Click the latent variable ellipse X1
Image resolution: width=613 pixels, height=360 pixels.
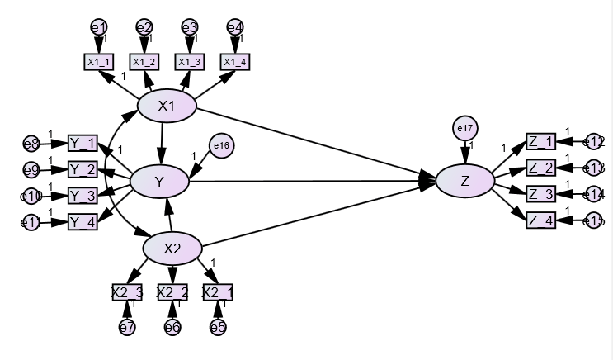(x=167, y=106)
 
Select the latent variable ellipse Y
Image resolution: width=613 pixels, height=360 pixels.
(x=160, y=181)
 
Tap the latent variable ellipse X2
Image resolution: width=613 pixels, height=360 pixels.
(x=172, y=248)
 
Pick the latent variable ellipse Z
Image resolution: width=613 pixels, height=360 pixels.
(x=465, y=182)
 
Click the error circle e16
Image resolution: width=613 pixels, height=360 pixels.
(x=221, y=146)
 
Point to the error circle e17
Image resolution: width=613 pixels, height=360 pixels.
(x=465, y=129)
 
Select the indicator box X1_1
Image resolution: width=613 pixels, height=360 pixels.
(x=99, y=61)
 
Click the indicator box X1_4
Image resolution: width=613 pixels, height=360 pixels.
(x=235, y=61)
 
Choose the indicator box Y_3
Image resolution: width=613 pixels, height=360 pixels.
(x=83, y=196)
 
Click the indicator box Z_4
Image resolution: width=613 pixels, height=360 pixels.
(x=541, y=220)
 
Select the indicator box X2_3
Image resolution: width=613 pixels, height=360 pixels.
(x=127, y=291)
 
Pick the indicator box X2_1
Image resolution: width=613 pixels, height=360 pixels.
(x=218, y=291)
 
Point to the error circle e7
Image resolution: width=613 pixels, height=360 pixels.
(x=127, y=327)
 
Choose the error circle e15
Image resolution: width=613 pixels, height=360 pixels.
(x=594, y=220)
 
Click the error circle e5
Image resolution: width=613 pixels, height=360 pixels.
(x=218, y=327)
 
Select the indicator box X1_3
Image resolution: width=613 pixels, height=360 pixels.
(x=190, y=61)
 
